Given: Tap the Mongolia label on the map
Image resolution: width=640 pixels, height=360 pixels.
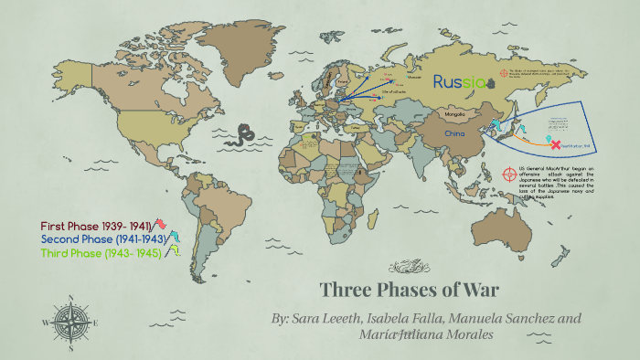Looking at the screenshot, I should (454, 114).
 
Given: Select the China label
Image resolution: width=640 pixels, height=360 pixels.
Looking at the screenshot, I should (454, 134).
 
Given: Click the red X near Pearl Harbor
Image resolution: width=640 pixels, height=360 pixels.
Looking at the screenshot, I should (554, 143).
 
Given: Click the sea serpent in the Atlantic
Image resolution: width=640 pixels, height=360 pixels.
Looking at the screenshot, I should (244, 136).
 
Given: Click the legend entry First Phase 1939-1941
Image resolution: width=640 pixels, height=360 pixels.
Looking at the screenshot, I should (95, 226).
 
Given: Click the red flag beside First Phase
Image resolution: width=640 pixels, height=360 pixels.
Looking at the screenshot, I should (161, 225).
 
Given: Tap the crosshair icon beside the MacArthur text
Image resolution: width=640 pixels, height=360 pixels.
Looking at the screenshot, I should (510, 174).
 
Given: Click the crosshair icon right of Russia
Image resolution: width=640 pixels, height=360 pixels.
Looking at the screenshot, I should (503, 74).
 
